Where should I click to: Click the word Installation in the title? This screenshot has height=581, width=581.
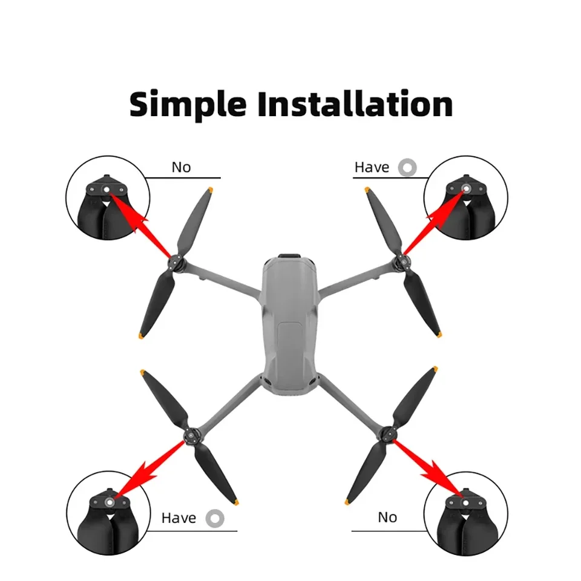[355, 104]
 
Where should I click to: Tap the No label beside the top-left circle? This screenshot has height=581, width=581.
[181, 167]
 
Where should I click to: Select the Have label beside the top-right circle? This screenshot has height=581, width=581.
[372, 167]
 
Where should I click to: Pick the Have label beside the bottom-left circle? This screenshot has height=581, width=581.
[179, 518]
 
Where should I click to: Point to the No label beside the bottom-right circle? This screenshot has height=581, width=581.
[387, 517]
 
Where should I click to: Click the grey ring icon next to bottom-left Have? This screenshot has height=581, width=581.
[214, 518]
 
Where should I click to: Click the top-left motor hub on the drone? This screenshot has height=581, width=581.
[177, 263]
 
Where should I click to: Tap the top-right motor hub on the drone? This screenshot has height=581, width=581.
[399, 263]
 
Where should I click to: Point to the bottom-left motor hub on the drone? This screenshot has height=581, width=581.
[192, 433]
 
